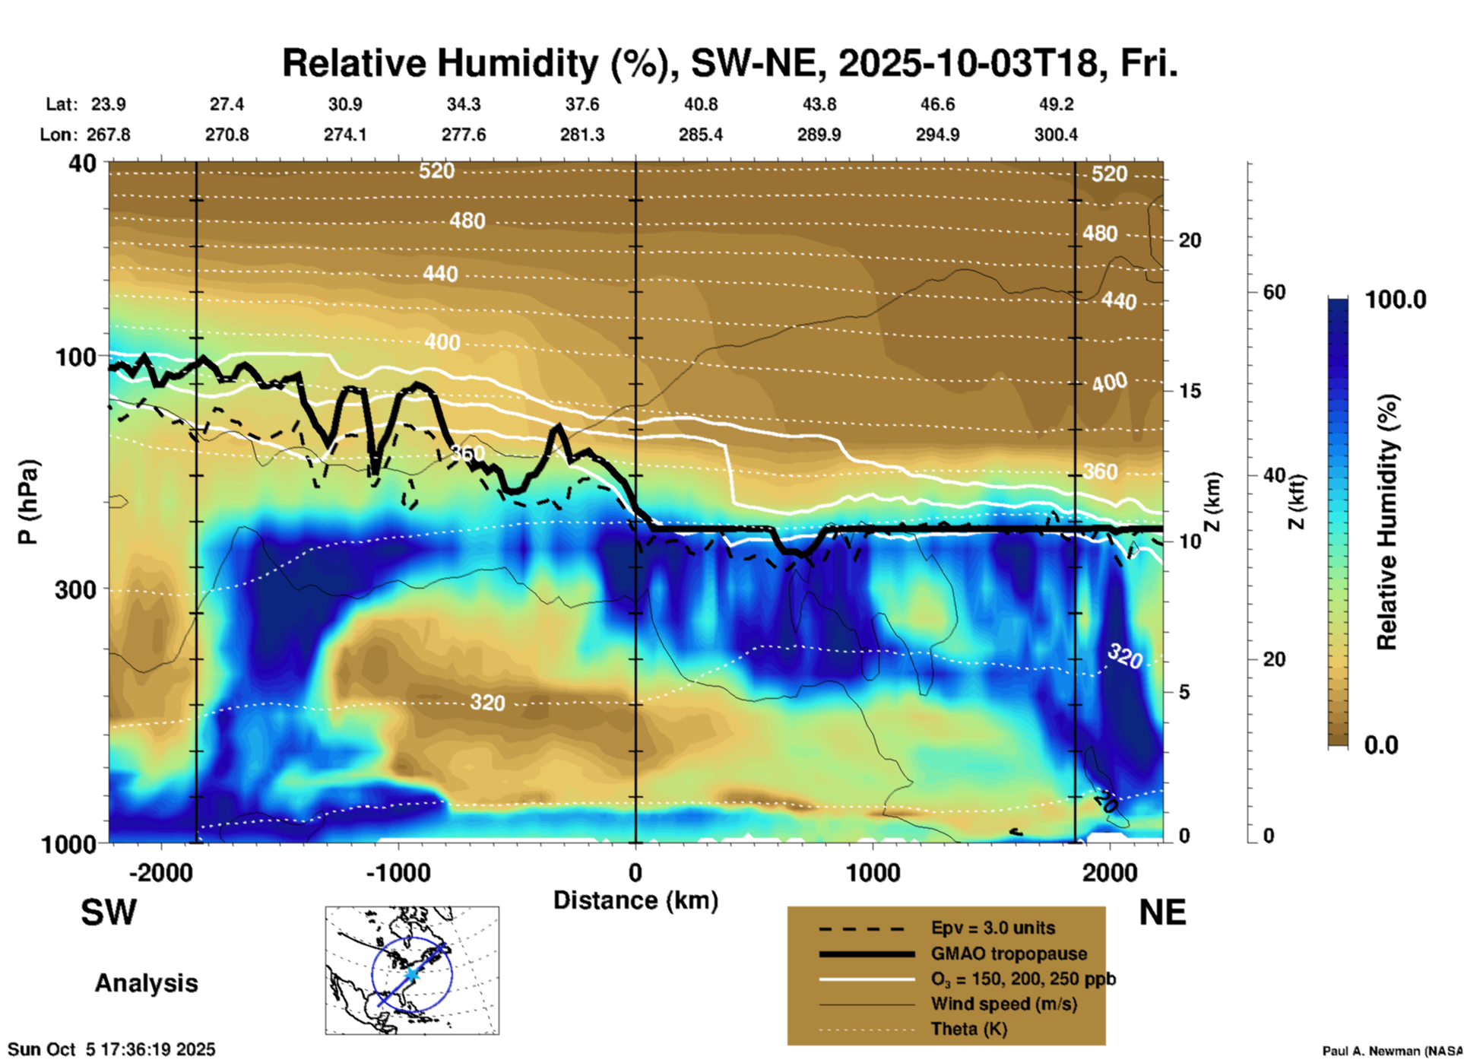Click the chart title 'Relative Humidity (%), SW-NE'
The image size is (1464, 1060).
(730, 63)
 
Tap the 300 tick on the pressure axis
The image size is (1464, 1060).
(75, 589)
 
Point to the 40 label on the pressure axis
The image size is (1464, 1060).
(84, 163)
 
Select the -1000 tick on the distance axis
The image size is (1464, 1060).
(398, 872)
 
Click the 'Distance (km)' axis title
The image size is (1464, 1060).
(635, 900)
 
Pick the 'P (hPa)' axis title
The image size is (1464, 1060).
(27, 502)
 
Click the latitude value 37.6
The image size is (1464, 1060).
(582, 104)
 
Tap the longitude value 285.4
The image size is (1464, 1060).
(700, 135)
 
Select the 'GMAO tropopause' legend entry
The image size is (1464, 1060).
(1009, 954)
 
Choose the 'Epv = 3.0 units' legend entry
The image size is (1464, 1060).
(993, 928)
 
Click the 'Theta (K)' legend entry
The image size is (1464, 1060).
(968, 1029)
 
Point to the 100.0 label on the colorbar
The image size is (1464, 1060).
(1396, 300)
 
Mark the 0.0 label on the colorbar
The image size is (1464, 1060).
(1380, 745)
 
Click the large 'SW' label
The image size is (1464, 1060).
(109, 912)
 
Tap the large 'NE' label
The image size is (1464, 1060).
(1162, 912)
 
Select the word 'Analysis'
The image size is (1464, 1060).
(146, 983)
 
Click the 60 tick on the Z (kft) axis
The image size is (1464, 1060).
(1274, 292)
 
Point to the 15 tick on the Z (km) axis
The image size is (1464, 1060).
(1190, 391)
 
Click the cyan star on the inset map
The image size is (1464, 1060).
(411, 974)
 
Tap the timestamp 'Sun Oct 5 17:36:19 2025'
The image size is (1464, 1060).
(112, 1049)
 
